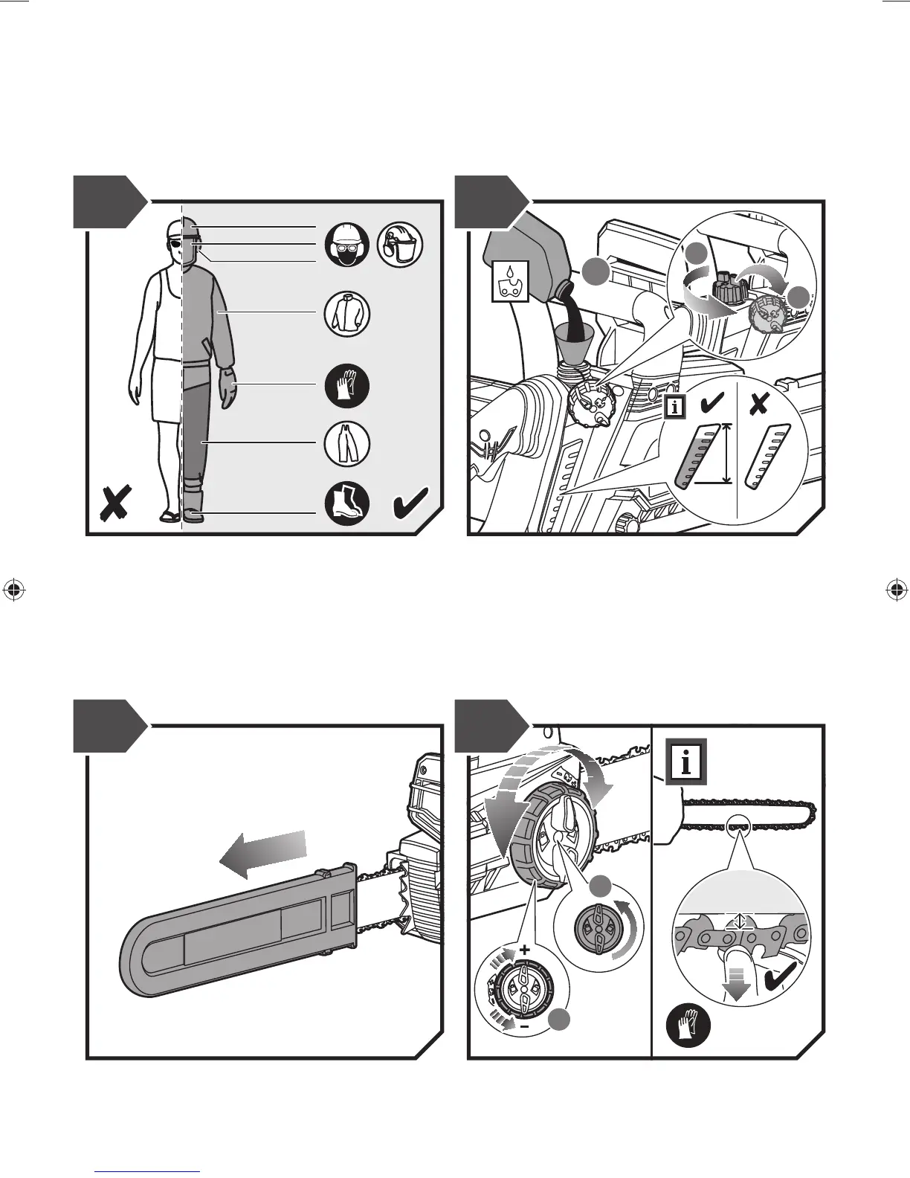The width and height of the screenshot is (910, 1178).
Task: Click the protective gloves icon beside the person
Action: [347, 387]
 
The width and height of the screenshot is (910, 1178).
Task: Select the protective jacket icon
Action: [347, 314]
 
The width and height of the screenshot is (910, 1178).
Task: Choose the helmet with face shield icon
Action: [401, 245]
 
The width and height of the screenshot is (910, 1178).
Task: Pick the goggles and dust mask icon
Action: [347, 245]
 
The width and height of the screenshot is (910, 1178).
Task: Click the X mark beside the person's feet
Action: [117, 503]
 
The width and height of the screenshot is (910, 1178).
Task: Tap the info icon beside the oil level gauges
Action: [675, 407]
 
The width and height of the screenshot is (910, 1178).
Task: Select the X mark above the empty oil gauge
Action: [758, 404]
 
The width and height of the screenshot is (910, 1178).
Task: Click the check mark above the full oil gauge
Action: [712, 404]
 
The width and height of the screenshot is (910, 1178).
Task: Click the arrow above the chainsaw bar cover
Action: [262, 850]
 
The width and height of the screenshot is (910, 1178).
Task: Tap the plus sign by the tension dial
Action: [525, 950]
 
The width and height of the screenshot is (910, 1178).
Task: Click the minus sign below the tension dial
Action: [524, 1027]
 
